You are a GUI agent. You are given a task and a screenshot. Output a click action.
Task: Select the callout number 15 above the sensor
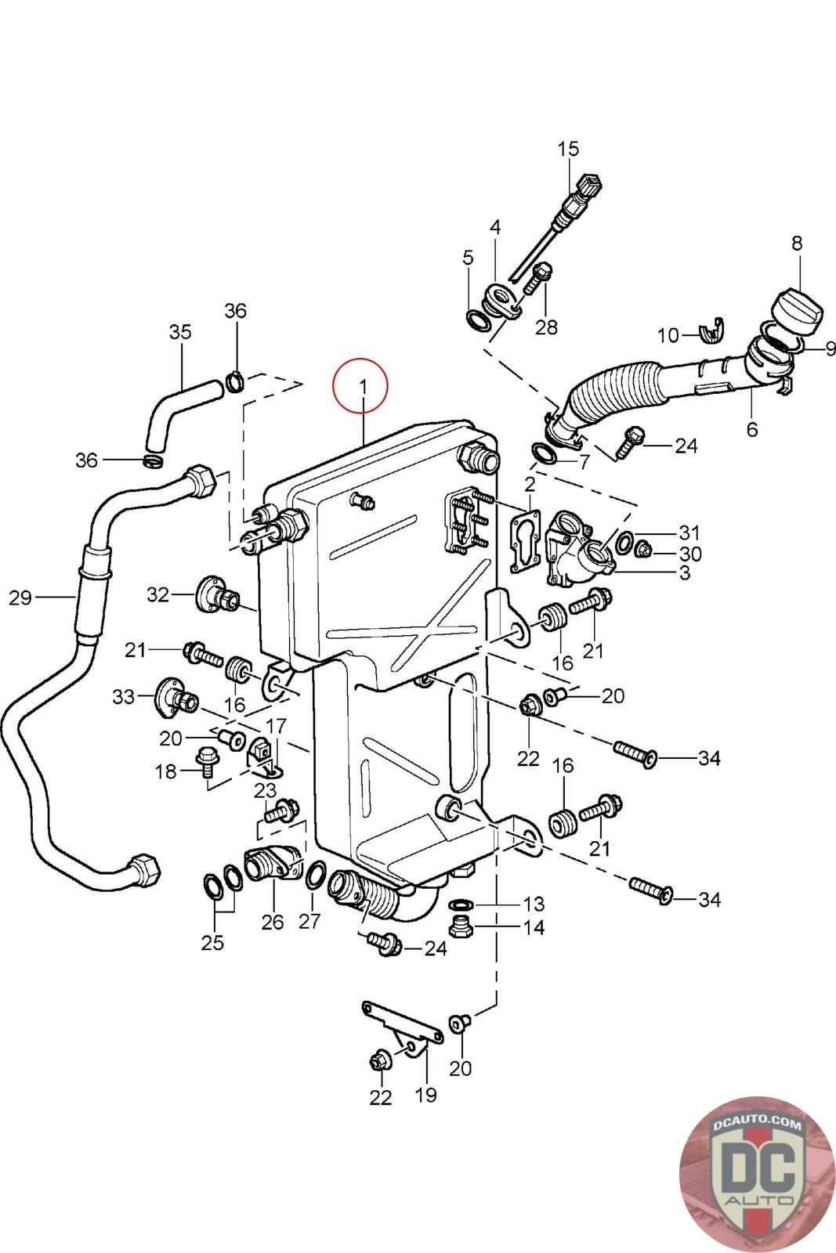pyautogui.click(x=568, y=150)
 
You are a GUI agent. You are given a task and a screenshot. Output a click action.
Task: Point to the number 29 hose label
pyautogui.click(x=20, y=598)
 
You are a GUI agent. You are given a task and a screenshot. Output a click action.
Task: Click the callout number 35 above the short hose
pyautogui.click(x=180, y=332)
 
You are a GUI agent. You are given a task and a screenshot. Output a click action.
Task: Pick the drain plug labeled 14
pyautogui.click(x=461, y=928)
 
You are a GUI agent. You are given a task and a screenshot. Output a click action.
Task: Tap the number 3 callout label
pyautogui.click(x=685, y=572)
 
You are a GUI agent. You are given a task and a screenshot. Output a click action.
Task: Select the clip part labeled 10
pyautogui.click(x=711, y=332)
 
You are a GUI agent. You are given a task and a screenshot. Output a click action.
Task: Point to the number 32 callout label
pyautogui.click(x=157, y=594)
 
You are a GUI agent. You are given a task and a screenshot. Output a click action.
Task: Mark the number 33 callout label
pyautogui.click(x=124, y=696)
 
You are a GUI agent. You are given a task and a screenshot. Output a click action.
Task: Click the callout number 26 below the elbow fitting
pyautogui.click(x=273, y=922)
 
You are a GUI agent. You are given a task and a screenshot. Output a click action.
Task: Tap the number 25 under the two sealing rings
pyautogui.click(x=212, y=943)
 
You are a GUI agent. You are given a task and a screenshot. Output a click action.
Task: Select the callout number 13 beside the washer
pyautogui.click(x=534, y=904)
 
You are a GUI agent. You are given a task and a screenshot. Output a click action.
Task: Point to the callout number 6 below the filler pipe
pyautogui.click(x=752, y=430)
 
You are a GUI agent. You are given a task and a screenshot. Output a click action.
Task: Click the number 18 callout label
pyautogui.click(x=165, y=771)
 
